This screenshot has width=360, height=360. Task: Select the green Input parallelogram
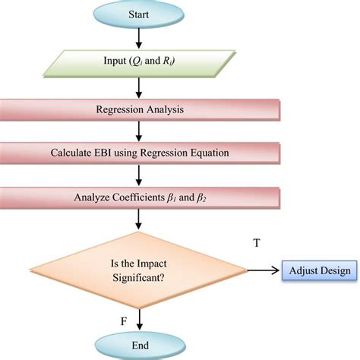point(141,62)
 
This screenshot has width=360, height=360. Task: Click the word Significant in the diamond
point(140,279)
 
